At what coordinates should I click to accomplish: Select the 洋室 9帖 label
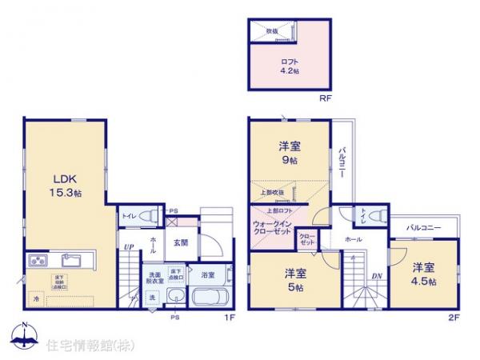tap(289, 152)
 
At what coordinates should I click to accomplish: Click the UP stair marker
tap(128, 246)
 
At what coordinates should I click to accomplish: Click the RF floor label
tap(325, 99)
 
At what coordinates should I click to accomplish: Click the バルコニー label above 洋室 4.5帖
tap(424, 228)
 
